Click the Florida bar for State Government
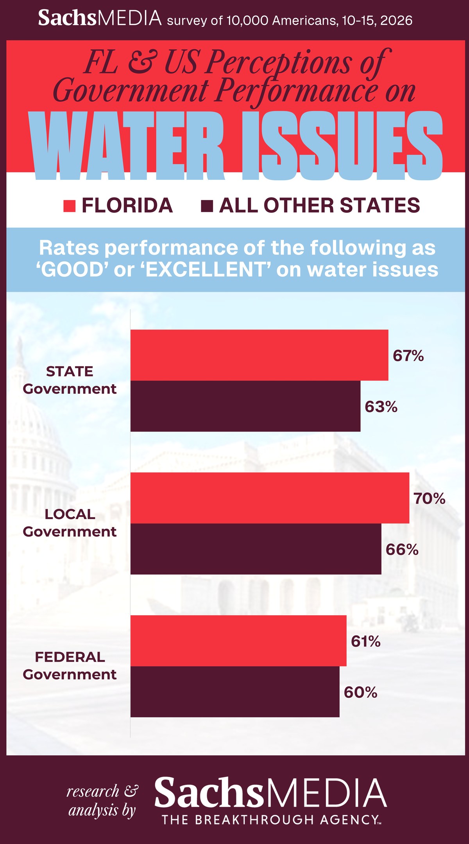click(259, 355)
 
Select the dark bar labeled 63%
click(245, 406)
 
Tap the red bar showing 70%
click(270, 498)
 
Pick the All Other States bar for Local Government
click(256, 549)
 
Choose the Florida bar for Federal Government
click(238, 641)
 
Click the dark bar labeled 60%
click(235, 692)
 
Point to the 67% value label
click(408, 356)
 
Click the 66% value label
click(402, 550)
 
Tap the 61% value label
click(365, 642)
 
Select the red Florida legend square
click(69, 206)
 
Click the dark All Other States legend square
click(207, 206)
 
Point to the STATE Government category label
click(70, 380)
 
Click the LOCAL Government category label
click(70, 523)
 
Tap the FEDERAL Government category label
click(70, 666)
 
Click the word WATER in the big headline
click(128, 146)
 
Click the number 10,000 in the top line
click(247, 20)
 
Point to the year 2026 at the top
click(396, 20)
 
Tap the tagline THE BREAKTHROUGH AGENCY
click(270, 819)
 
